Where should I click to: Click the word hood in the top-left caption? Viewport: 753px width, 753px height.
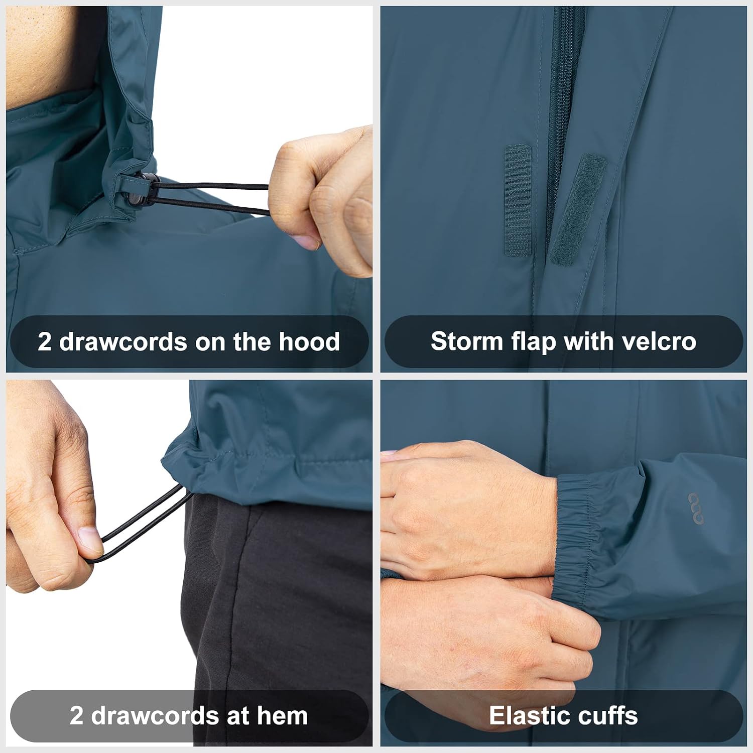tap(309, 342)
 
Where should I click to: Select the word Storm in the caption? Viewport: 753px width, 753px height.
tap(467, 342)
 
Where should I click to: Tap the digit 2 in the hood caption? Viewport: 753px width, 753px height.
tap(45, 342)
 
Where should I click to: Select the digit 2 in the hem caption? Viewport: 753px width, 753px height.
tap(76, 716)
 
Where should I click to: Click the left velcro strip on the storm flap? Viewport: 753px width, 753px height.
tap(518, 200)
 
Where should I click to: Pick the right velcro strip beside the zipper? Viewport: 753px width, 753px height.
tap(578, 210)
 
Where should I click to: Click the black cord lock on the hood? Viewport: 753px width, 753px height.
tap(142, 189)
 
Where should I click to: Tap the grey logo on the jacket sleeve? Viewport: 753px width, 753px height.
tap(696, 509)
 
